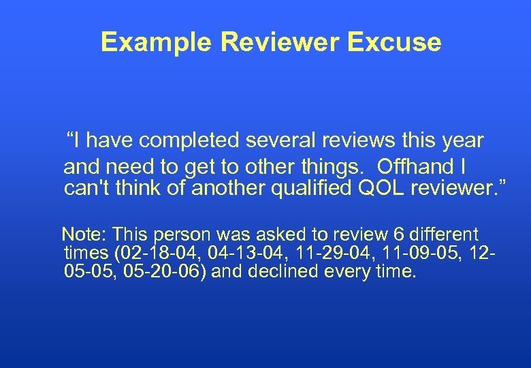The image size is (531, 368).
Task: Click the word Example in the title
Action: (157, 42)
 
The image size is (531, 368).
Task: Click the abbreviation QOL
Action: (380, 187)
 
